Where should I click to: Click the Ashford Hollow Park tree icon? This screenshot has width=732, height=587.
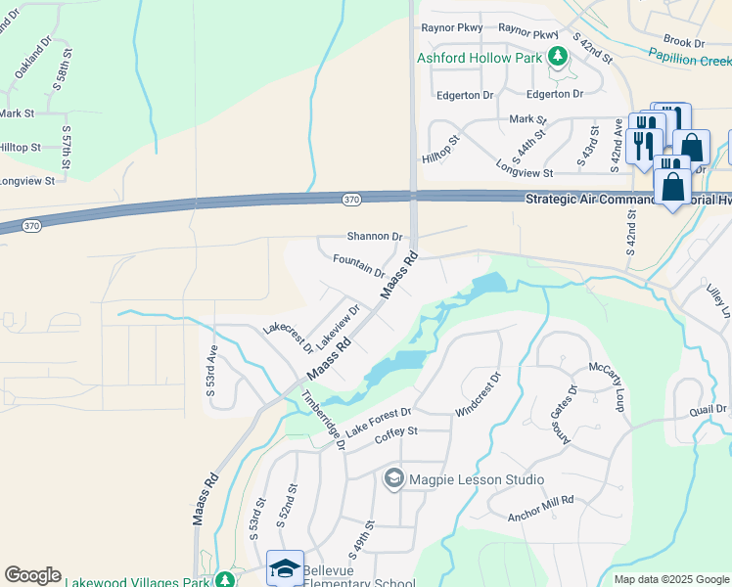click(558, 58)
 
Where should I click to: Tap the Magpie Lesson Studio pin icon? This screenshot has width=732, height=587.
click(394, 478)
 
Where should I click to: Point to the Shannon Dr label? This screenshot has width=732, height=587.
click(375, 237)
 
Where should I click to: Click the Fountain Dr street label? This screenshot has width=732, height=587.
click(359, 265)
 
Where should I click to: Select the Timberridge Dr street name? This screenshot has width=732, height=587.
click(324, 420)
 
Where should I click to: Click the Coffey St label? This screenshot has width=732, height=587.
click(396, 431)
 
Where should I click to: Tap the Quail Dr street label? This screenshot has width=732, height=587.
click(709, 409)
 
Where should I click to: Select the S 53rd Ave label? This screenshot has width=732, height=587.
click(210, 371)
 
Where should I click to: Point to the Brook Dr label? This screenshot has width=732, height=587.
click(684, 43)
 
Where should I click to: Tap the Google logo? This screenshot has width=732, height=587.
click(32, 575)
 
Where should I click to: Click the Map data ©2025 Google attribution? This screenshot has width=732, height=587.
click(670, 579)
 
